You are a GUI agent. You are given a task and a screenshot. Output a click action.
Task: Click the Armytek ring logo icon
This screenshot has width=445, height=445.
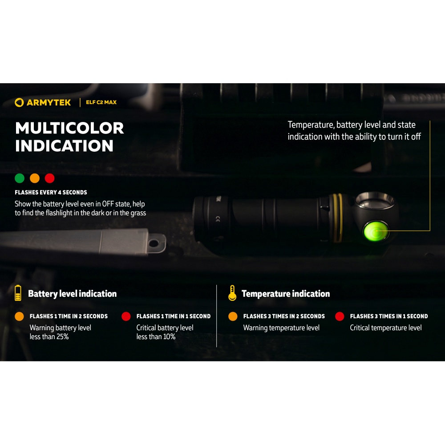click(x=19, y=102)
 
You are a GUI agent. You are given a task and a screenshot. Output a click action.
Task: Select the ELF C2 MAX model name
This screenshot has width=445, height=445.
click(x=101, y=102)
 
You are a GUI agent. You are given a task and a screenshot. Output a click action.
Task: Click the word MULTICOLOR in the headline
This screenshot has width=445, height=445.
click(x=69, y=128)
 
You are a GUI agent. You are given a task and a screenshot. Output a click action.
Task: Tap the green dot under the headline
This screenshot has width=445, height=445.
click(x=20, y=178)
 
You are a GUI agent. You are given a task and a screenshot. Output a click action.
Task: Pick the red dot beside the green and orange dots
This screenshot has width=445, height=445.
click(x=50, y=178)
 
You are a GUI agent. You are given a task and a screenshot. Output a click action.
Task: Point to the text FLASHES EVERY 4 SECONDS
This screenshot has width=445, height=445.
click(x=51, y=192)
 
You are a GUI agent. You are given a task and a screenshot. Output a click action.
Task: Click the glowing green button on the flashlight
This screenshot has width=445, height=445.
click(x=376, y=231)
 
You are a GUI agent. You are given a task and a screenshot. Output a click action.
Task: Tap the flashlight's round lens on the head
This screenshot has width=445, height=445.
click(x=375, y=201)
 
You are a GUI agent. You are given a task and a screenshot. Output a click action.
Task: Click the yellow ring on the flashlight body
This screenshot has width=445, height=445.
click(x=337, y=218)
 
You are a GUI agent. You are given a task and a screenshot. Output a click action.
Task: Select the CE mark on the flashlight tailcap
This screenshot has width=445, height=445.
click(x=218, y=219)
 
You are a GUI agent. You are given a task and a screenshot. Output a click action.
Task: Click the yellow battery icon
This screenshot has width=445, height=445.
click(x=18, y=293)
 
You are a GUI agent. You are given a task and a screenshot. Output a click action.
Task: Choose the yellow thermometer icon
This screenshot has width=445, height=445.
click(x=232, y=293)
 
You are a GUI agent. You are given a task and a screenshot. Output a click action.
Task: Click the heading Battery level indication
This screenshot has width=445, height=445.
click(x=73, y=294)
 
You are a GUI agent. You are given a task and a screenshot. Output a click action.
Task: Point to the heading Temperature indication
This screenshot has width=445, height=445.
click(x=286, y=294)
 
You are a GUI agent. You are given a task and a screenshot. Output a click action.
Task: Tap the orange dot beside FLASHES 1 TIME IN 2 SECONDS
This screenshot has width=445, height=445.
click(x=19, y=316)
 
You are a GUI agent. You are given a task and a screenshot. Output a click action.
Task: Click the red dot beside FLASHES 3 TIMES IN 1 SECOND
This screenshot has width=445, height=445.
click(x=340, y=316)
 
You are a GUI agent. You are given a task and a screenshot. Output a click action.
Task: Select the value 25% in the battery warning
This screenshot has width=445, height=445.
click(x=62, y=336)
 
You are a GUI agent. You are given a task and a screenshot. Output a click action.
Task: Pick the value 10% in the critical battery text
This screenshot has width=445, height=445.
click(x=169, y=336)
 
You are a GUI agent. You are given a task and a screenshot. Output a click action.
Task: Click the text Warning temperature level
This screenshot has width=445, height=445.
click(x=281, y=328)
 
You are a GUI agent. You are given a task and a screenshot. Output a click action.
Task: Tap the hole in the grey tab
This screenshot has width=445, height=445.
click(x=154, y=243)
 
